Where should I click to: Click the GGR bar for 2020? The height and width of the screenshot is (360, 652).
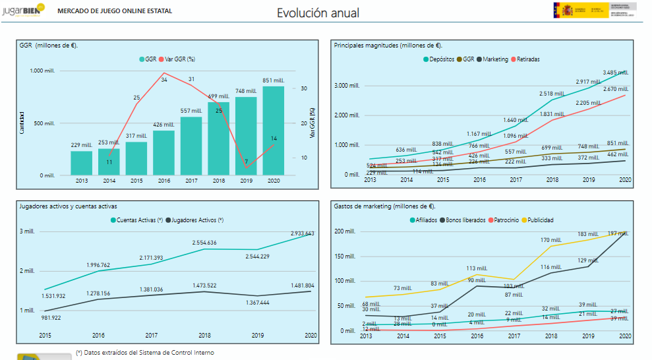(x=274, y=131)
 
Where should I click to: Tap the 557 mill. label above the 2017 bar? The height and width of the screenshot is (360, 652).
(x=191, y=111)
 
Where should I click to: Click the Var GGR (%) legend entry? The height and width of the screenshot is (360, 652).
(x=179, y=59)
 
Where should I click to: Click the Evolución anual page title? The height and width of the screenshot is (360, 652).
(x=318, y=13)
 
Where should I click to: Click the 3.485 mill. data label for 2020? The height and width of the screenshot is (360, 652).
(x=616, y=72)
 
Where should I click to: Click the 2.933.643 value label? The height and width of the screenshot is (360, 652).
(x=302, y=233)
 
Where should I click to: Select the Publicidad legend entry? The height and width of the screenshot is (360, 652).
(x=540, y=220)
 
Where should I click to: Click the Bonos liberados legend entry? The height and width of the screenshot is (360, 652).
(x=465, y=220)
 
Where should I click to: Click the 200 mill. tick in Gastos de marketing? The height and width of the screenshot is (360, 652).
(x=345, y=231)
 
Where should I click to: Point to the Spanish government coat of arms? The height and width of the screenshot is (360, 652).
(x=566, y=10)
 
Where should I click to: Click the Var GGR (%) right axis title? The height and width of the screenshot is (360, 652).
(x=311, y=123)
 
